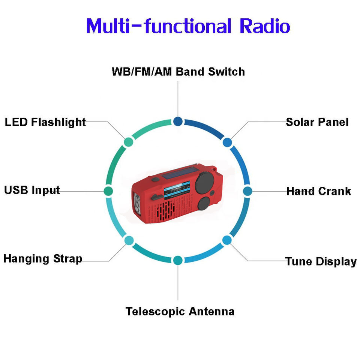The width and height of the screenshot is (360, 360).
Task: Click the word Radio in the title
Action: (x=264, y=26)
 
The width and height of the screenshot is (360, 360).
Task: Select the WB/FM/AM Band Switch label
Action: (x=178, y=72)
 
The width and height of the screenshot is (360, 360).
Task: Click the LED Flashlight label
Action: (x=45, y=122)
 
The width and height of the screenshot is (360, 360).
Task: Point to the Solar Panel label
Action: (x=317, y=122)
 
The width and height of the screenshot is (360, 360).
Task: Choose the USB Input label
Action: (x=32, y=190)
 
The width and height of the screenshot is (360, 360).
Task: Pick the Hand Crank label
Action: (x=318, y=191)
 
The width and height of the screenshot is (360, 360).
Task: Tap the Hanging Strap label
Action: (x=43, y=259)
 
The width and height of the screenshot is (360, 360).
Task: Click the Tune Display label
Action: (x=321, y=261)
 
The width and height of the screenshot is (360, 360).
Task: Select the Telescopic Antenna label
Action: (x=180, y=311)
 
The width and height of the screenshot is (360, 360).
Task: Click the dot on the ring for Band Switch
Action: (x=178, y=121)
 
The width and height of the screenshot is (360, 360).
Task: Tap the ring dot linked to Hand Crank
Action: (x=247, y=191)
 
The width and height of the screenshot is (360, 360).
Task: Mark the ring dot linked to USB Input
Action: (x=108, y=190)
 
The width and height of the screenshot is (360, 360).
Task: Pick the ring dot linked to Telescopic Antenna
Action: (x=178, y=260)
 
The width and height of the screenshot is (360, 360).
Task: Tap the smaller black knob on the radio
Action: (x=203, y=205)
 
